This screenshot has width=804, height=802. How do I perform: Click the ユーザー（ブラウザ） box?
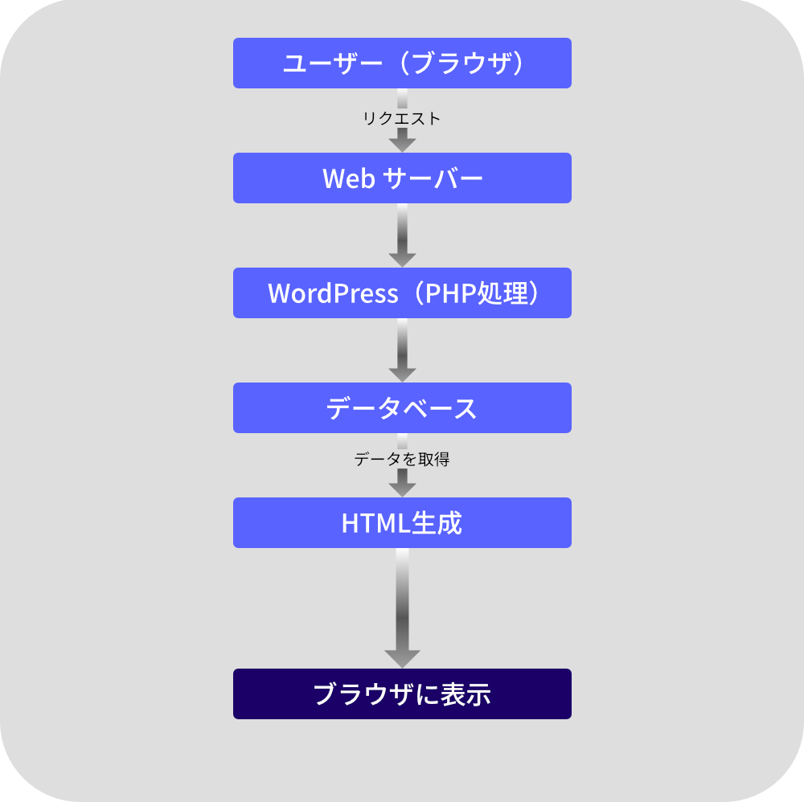click(402, 63)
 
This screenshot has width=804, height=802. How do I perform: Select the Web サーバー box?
click(402, 178)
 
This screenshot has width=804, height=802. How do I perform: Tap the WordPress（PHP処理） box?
click(402, 293)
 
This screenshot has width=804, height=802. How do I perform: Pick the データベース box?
click(402, 407)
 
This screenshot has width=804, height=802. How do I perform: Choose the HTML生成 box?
click(402, 522)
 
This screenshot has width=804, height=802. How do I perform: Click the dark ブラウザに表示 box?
click(402, 694)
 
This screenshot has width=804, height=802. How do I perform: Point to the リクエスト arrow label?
click(402, 119)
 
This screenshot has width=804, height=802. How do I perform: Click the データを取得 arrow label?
click(402, 460)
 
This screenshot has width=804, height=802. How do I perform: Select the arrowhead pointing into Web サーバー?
click(402, 143)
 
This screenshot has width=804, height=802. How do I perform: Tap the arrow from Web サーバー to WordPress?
click(402, 235)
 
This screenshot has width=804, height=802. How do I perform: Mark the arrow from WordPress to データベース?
click(402, 350)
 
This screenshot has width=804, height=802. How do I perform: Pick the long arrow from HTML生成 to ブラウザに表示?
click(402, 608)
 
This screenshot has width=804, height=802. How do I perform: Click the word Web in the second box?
click(349, 178)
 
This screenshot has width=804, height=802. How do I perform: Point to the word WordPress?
click(333, 293)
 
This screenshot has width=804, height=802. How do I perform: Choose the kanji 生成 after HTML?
click(437, 523)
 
